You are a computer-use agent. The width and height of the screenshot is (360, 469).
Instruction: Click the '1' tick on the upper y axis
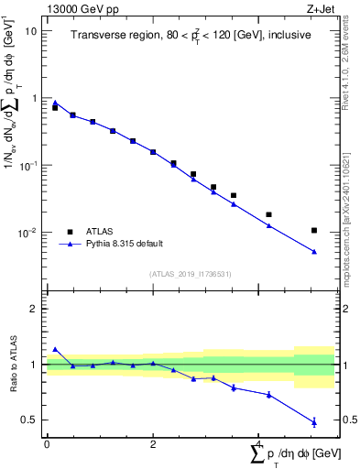pyautogui.click(x=34, y=98)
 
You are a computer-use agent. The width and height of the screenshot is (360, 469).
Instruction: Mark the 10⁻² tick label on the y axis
pyautogui.click(x=28, y=234)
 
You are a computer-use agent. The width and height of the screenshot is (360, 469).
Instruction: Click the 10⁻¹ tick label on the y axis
pyautogui.click(x=28, y=166)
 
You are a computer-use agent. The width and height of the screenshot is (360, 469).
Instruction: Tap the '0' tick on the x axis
pyautogui.click(x=47, y=445)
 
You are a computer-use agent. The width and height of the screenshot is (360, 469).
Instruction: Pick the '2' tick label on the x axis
pyautogui.click(x=152, y=445)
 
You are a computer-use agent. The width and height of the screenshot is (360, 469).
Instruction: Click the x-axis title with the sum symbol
pyautogui.click(x=289, y=453)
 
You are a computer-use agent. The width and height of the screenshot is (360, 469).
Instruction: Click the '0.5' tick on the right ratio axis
pyautogui.click(x=346, y=420)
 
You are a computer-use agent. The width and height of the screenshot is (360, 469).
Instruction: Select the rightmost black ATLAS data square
pyautogui.click(x=314, y=231)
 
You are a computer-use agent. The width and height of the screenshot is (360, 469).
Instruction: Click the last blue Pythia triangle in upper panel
pyautogui.click(x=314, y=252)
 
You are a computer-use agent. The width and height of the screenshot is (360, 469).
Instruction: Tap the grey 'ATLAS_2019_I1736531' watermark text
pyautogui.click(x=190, y=274)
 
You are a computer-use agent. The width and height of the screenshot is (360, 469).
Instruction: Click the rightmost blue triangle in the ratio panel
pyautogui.click(x=314, y=422)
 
